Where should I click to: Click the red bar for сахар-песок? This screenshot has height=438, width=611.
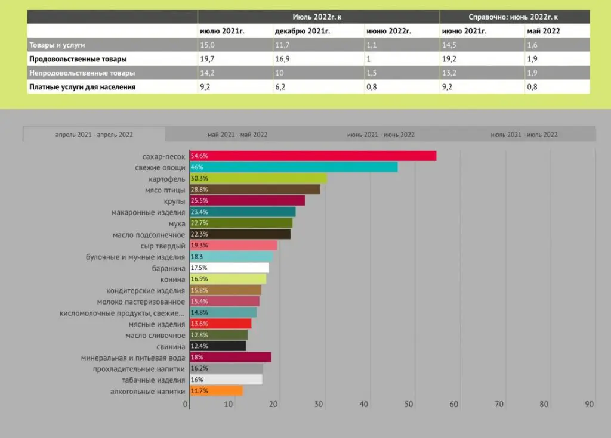pyautogui.click(x=313, y=156)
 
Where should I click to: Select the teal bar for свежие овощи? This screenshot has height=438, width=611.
pyautogui.click(x=294, y=167)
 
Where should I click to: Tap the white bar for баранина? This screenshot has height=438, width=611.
pyautogui.click(x=229, y=268)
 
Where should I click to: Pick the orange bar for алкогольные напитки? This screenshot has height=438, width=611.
pyautogui.click(x=216, y=391)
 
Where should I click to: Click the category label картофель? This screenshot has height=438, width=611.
pyautogui.click(x=166, y=178)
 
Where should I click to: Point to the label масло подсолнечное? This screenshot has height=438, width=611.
pyautogui.click(x=149, y=234)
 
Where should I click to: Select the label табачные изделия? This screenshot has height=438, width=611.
pyautogui.click(x=153, y=380)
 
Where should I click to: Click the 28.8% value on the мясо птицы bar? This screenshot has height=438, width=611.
pyautogui.click(x=199, y=190)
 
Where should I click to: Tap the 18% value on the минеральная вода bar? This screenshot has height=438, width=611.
pyautogui.click(x=196, y=358)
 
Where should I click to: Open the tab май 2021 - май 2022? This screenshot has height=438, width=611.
pyautogui.click(x=237, y=135)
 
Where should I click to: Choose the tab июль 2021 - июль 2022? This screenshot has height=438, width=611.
pyautogui.click(x=524, y=135)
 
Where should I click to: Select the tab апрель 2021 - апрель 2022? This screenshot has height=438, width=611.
pyautogui.click(x=94, y=135)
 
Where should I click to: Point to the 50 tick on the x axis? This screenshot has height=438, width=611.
pyautogui.click(x=409, y=405)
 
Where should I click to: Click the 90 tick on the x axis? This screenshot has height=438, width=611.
pyautogui.click(x=590, y=405)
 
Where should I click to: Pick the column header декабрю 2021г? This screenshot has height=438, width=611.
pyautogui.click(x=299, y=31)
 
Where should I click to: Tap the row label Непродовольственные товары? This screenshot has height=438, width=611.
pyautogui.click(x=82, y=73)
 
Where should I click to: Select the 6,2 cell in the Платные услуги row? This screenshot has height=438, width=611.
pyautogui.click(x=280, y=86)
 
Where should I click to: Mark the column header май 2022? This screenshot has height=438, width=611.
pyautogui.click(x=543, y=31)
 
